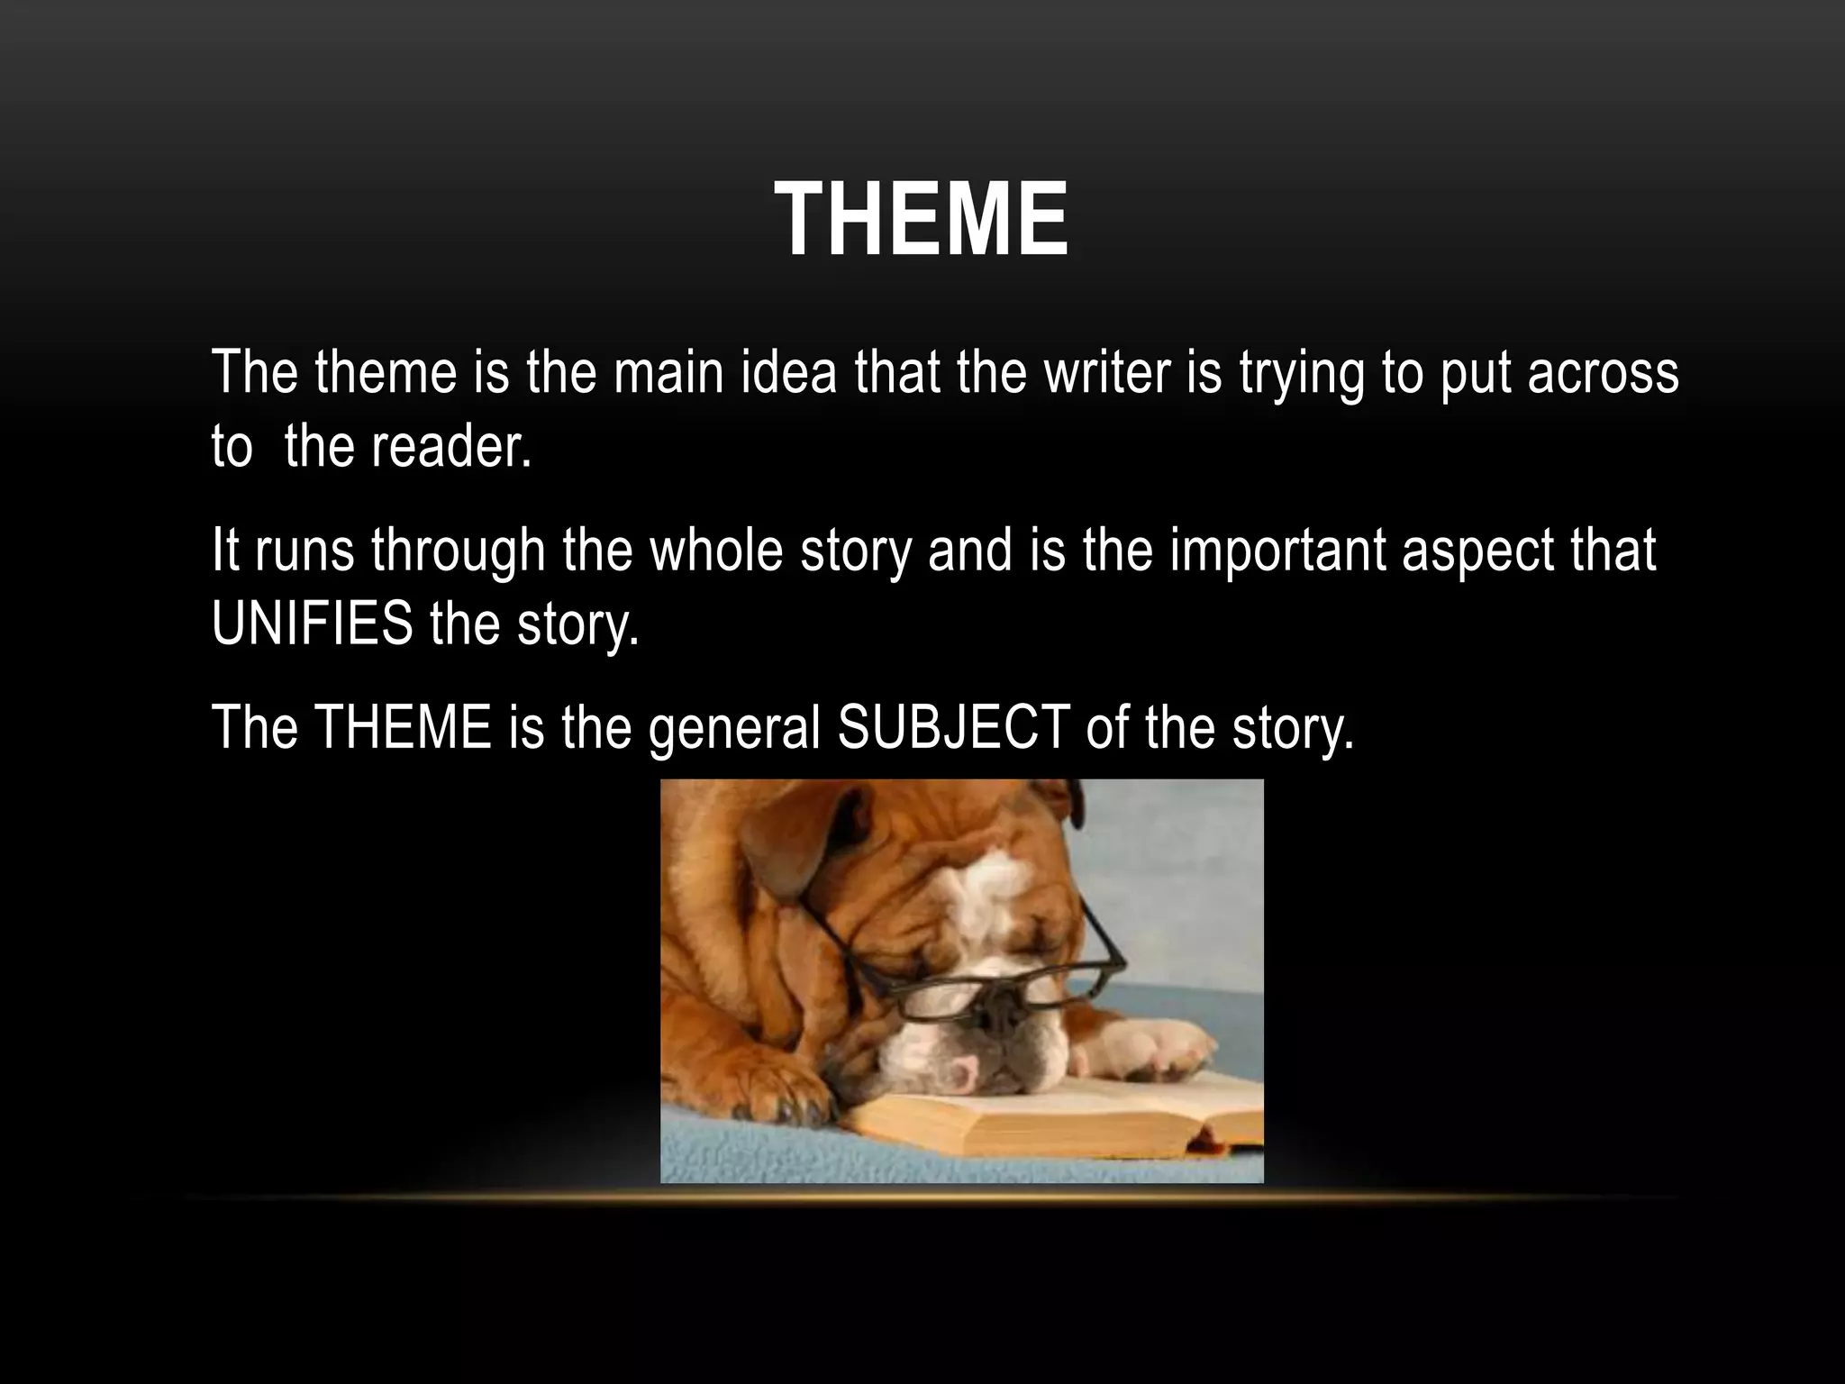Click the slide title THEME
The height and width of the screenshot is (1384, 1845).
point(922,221)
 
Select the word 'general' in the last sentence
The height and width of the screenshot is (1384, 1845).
point(733,728)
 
